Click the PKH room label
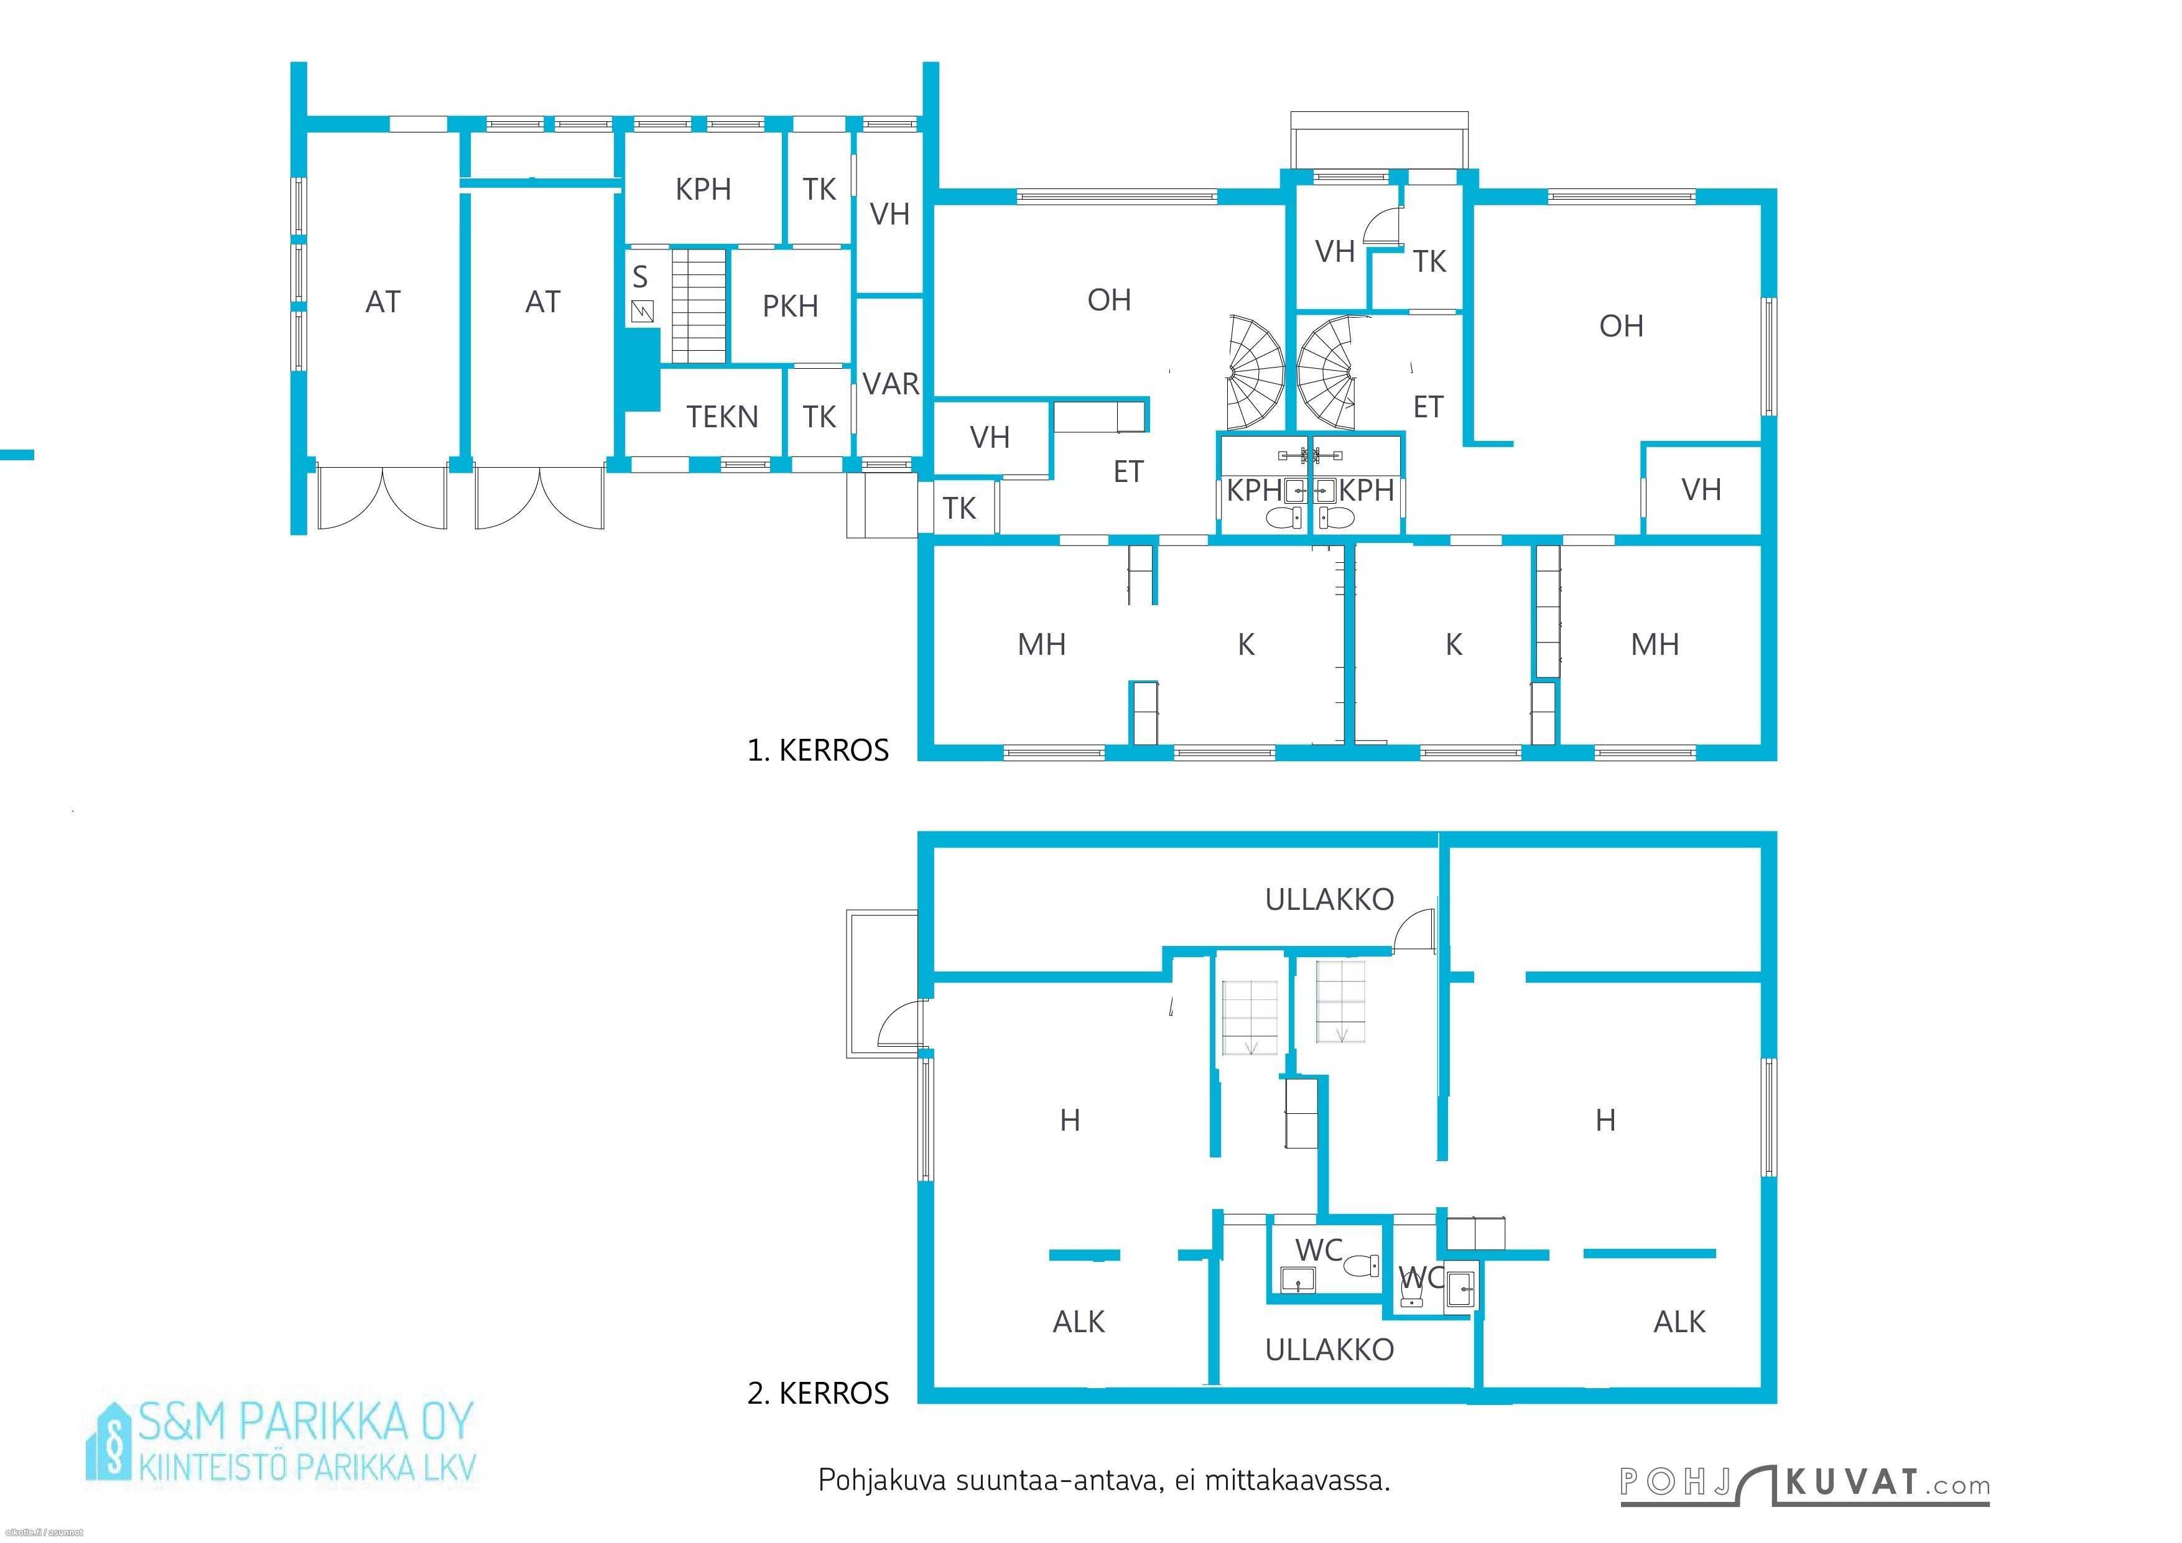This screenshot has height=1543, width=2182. click(x=790, y=306)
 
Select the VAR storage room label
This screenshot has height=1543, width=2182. click(x=891, y=384)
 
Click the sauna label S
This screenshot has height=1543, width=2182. click(x=639, y=277)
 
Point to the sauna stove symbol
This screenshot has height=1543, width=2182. click(x=643, y=311)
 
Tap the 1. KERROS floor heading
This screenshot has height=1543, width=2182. click(x=817, y=751)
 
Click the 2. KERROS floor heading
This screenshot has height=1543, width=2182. click(x=817, y=1393)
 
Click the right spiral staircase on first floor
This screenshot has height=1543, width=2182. click(x=1329, y=371)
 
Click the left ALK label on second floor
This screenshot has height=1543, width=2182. click(x=1079, y=1322)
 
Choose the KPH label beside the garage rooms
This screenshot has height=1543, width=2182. click(x=703, y=189)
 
